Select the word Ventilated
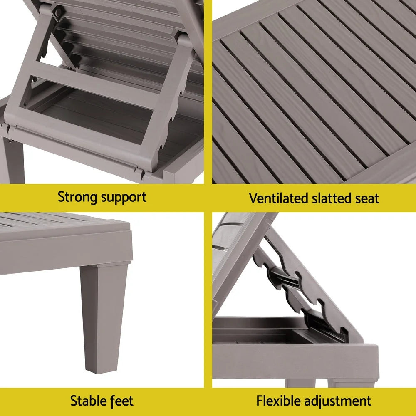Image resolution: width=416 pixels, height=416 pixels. click(279, 198)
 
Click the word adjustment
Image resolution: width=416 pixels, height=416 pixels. click(338, 401)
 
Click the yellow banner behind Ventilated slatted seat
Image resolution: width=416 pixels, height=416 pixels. click(395, 198)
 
